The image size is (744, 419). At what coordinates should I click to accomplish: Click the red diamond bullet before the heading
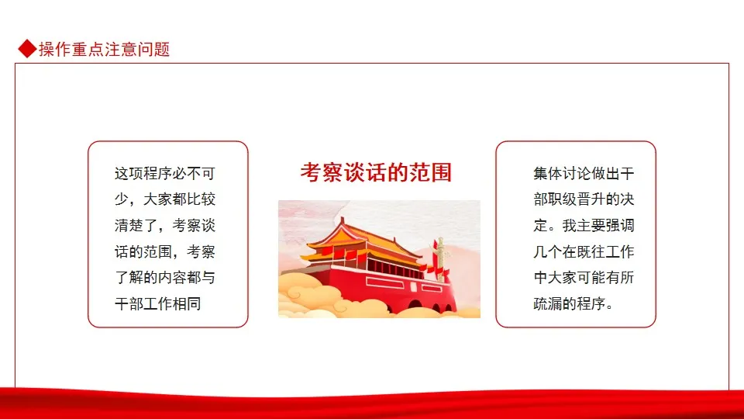point(28,48)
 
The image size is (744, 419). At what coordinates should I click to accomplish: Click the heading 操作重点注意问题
point(105,49)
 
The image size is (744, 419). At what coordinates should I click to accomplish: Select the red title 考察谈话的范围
point(376,172)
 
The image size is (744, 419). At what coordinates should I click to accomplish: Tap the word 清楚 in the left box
point(129,225)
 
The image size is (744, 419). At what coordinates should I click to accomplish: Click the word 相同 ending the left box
point(187,303)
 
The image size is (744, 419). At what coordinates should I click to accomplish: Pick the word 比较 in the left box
point(201,199)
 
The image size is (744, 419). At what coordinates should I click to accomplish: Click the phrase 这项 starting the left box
point(129,173)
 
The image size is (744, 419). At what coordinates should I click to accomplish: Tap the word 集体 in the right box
point(548,173)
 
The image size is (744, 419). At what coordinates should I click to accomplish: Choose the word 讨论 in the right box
point(577,173)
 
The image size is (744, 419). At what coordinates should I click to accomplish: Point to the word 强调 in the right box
point(620,225)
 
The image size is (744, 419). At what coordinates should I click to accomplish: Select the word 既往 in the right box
point(591,251)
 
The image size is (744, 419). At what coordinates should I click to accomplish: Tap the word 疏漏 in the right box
point(548,303)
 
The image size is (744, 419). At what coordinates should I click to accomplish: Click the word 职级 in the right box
point(563,199)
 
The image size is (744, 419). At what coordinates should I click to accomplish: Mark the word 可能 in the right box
point(591,278)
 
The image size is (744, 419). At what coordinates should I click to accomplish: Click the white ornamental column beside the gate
point(441,259)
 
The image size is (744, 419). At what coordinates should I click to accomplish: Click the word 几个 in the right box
point(548,251)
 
